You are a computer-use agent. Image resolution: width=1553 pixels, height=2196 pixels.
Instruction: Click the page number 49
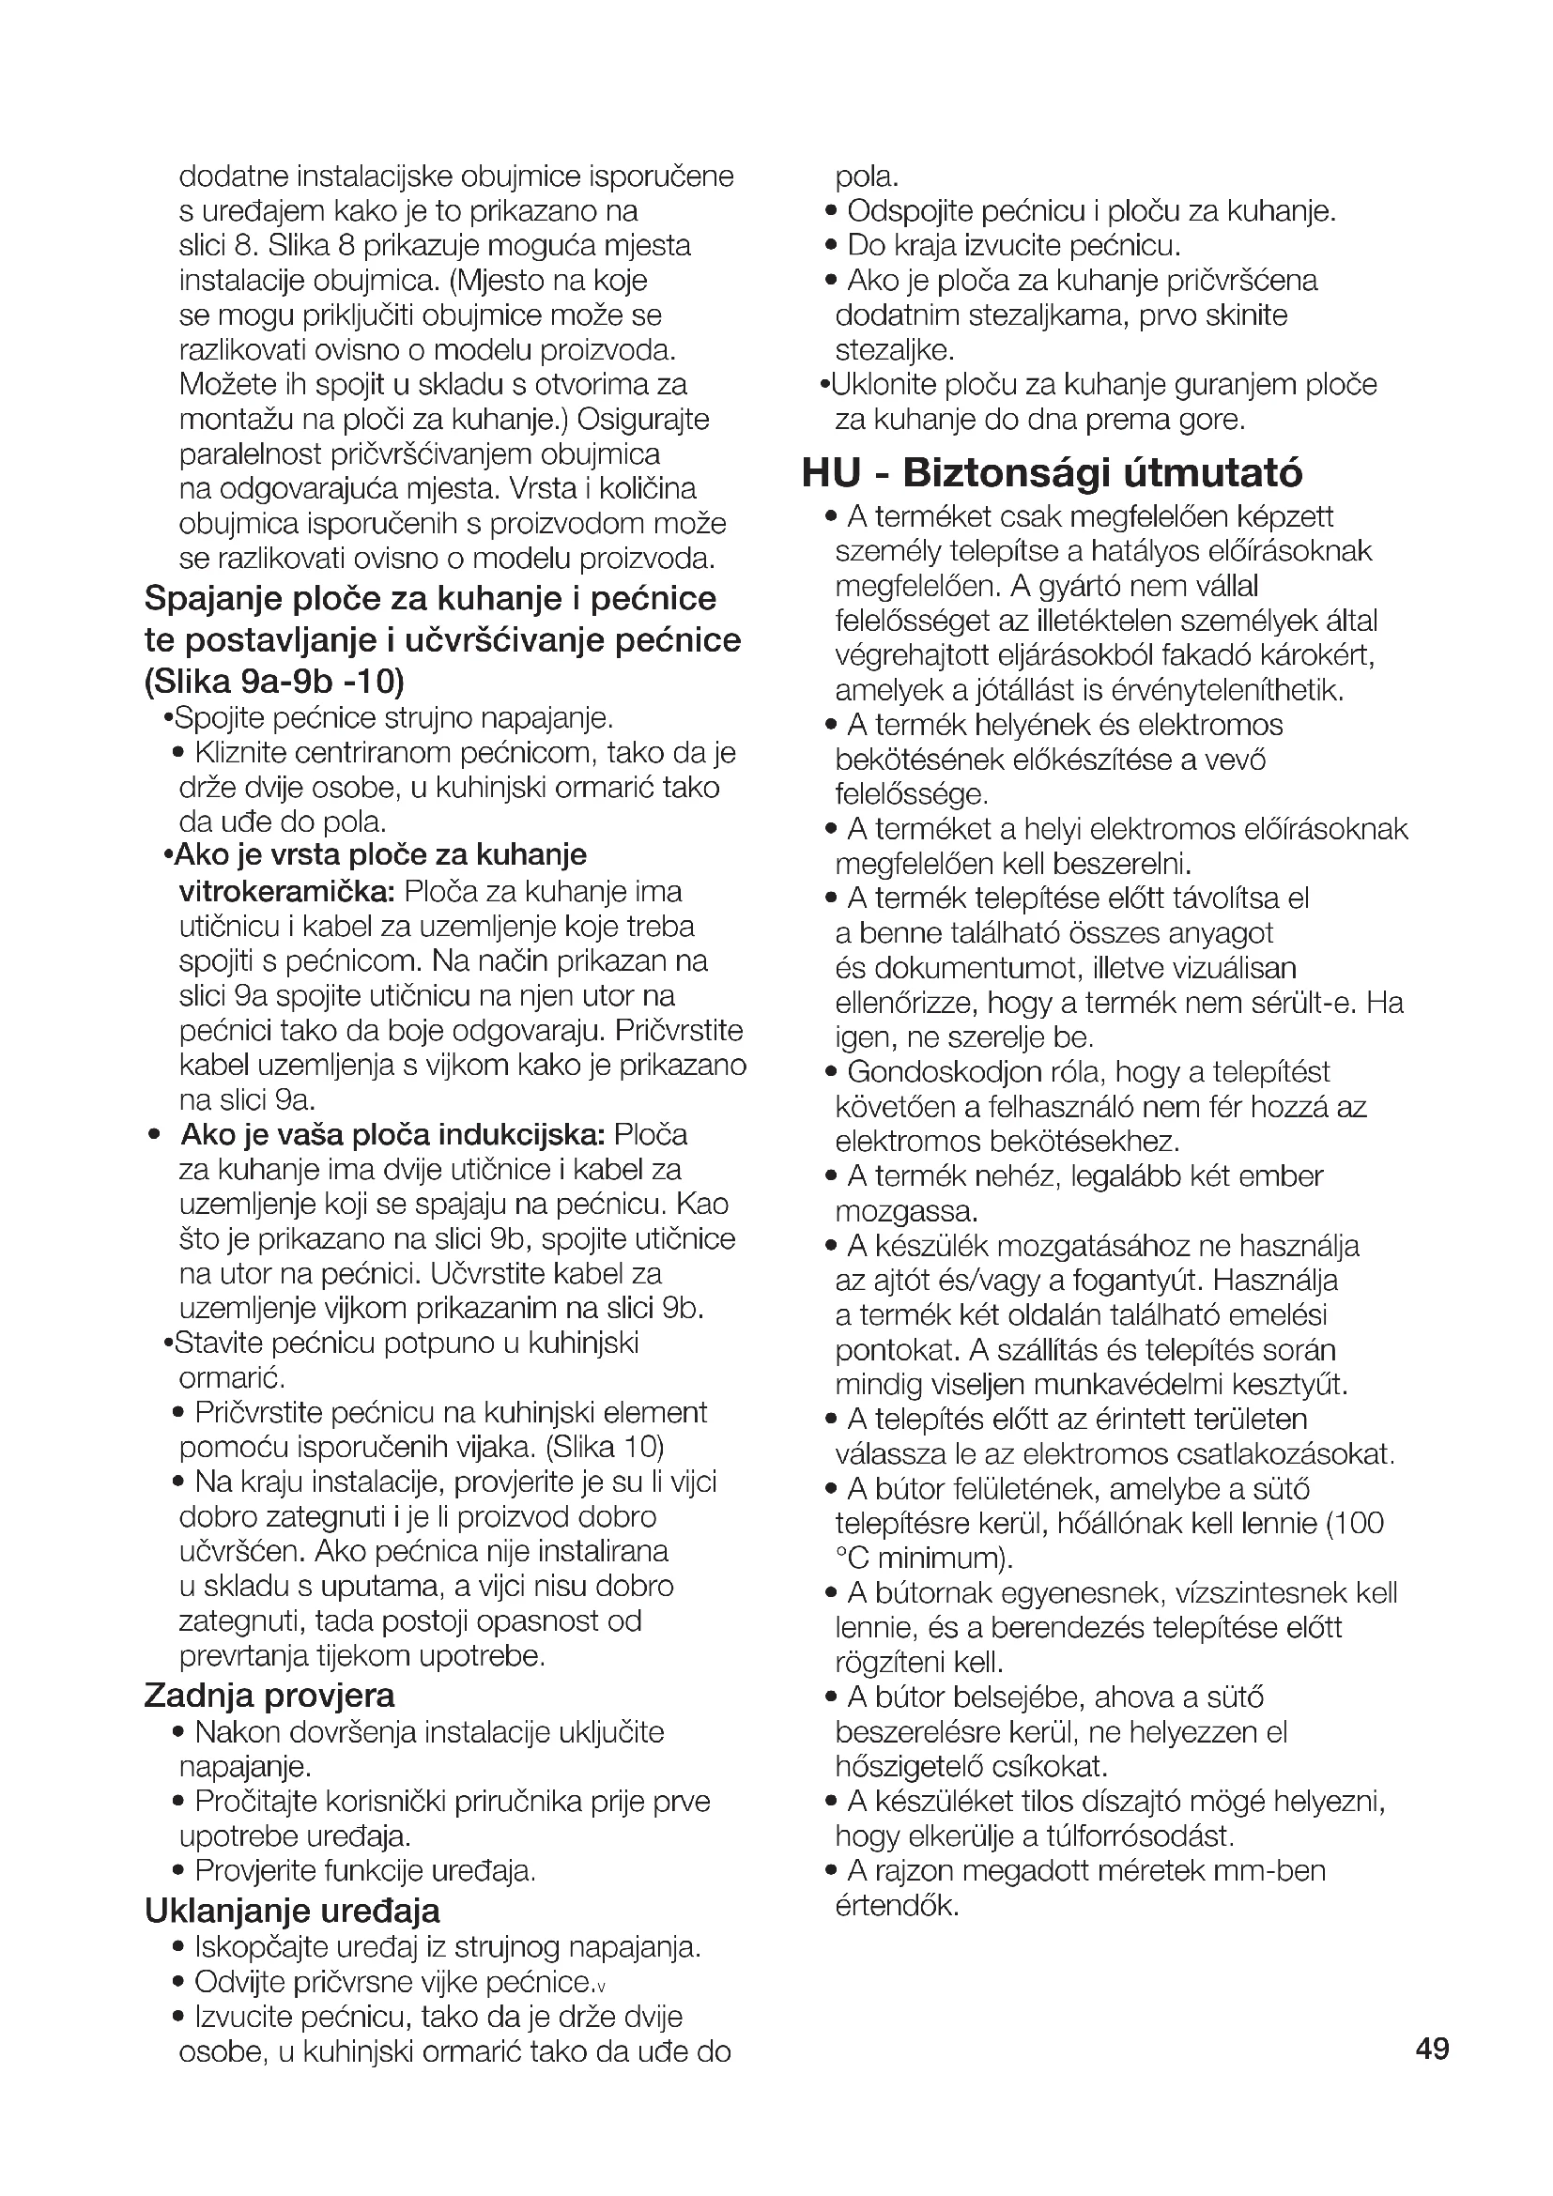coord(1433,2048)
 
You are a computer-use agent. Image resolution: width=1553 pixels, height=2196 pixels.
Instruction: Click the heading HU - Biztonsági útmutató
coord(1052,472)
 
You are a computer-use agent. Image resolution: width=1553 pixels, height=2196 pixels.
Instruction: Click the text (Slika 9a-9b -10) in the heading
coord(274,681)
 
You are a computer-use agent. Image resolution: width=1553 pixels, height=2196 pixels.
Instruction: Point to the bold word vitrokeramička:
coord(287,891)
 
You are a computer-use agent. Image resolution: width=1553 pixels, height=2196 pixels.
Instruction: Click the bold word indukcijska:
coord(521,1135)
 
